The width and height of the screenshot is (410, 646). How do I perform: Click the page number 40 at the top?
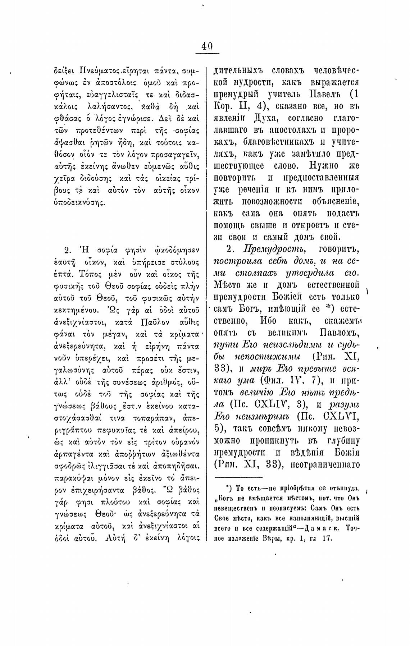207,46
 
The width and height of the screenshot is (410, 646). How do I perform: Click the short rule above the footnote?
238,477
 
